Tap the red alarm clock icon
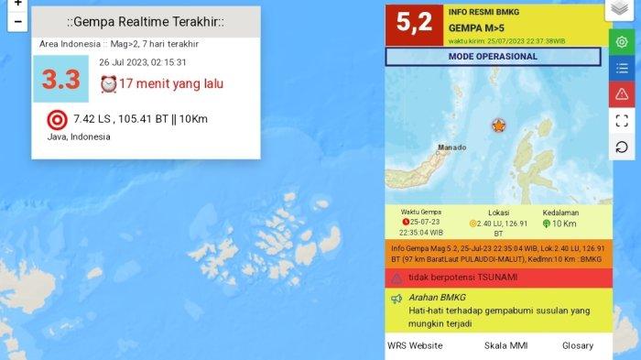tap(108, 84)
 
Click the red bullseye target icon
tap(57, 119)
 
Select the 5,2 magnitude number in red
tap(414, 24)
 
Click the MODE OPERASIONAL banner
tap(493, 57)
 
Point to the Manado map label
tap(451, 147)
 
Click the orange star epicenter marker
tap(499, 125)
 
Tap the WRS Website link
tap(415, 345)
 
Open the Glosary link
tap(579, 345)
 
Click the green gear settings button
tap(622, 42)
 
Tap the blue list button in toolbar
tap(622, 68)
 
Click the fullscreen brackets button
tap(622, 120)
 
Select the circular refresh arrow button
tap(622, 147)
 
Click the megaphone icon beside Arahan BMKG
tap(397, 300)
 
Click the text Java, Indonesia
tap(79, 136)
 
